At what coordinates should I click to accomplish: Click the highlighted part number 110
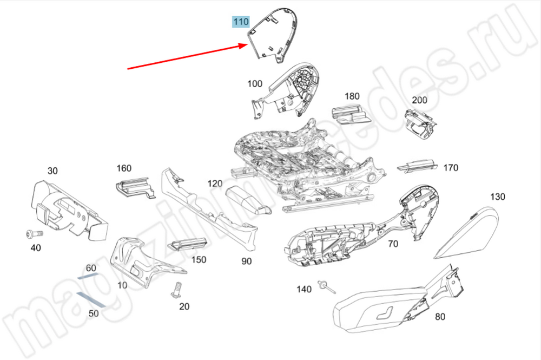coord(241,22)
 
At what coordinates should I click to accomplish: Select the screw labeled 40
coord(32,234)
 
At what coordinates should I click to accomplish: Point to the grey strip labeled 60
coord(87,275)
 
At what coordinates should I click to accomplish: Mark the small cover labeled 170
coord(417,165)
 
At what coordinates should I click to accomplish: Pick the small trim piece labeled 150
coord(187,244)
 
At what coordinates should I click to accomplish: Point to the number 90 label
coord(247,261)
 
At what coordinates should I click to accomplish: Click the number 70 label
coord(393,244)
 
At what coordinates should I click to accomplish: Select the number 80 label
coord(440,317)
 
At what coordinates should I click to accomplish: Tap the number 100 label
coord(255,83)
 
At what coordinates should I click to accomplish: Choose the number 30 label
coord(52,171)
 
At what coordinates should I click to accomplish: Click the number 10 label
coord(122,285)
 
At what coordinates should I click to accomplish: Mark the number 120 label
coord(215,184)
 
